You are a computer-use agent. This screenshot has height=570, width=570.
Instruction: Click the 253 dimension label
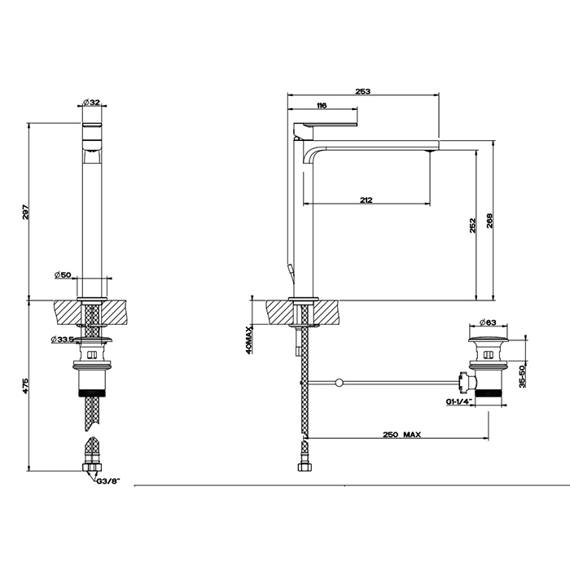(363, 91)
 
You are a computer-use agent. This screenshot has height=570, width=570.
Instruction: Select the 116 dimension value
(322, 105)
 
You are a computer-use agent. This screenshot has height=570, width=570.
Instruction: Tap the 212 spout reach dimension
(366, 199)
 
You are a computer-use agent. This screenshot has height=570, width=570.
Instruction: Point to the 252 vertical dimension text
(472, 226)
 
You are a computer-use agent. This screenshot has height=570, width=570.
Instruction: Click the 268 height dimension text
(489, 221)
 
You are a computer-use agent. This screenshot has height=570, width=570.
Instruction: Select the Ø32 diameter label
(91, 103)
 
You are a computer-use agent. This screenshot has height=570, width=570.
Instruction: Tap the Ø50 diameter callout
(63, 275)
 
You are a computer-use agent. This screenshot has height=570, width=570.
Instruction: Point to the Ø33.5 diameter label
(63, 340)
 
